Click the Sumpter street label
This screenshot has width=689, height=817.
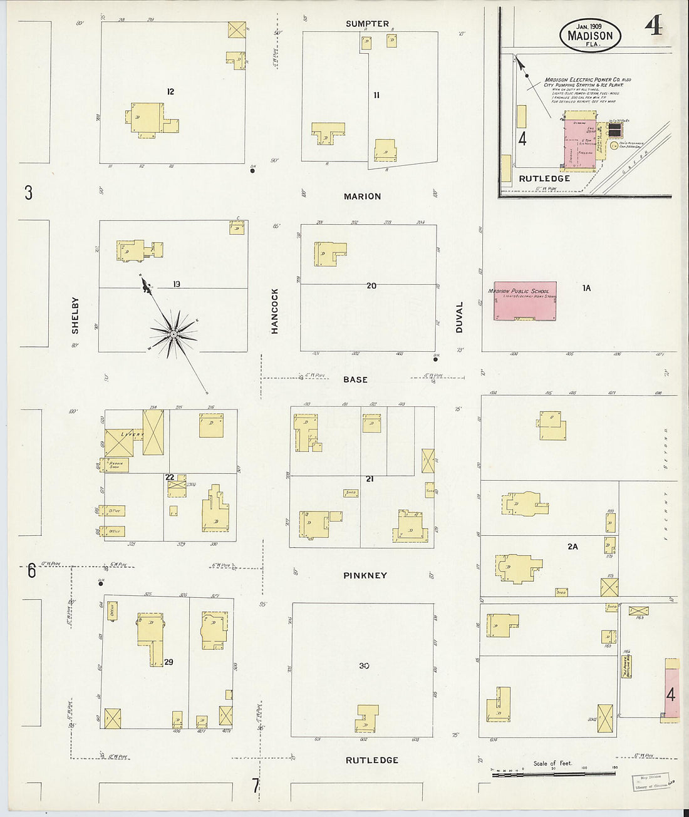point(368,24)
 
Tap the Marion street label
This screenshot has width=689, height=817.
point(362,197)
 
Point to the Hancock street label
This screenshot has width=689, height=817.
point(274,311)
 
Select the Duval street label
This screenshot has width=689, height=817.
point(459,317)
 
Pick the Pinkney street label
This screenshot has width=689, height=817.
point(365,575)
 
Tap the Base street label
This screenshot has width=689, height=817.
point(355,379)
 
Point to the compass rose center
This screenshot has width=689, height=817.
point(172,335)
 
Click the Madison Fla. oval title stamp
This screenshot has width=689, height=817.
point(590,35)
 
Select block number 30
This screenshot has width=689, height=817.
point(364,665)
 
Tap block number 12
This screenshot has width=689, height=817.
point(170,92)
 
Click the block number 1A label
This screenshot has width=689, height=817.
point(586,288)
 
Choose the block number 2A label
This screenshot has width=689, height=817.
point(572,547)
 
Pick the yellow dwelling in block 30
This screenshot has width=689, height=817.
point(367,719)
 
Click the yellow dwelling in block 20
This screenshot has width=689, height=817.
point(329,254)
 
